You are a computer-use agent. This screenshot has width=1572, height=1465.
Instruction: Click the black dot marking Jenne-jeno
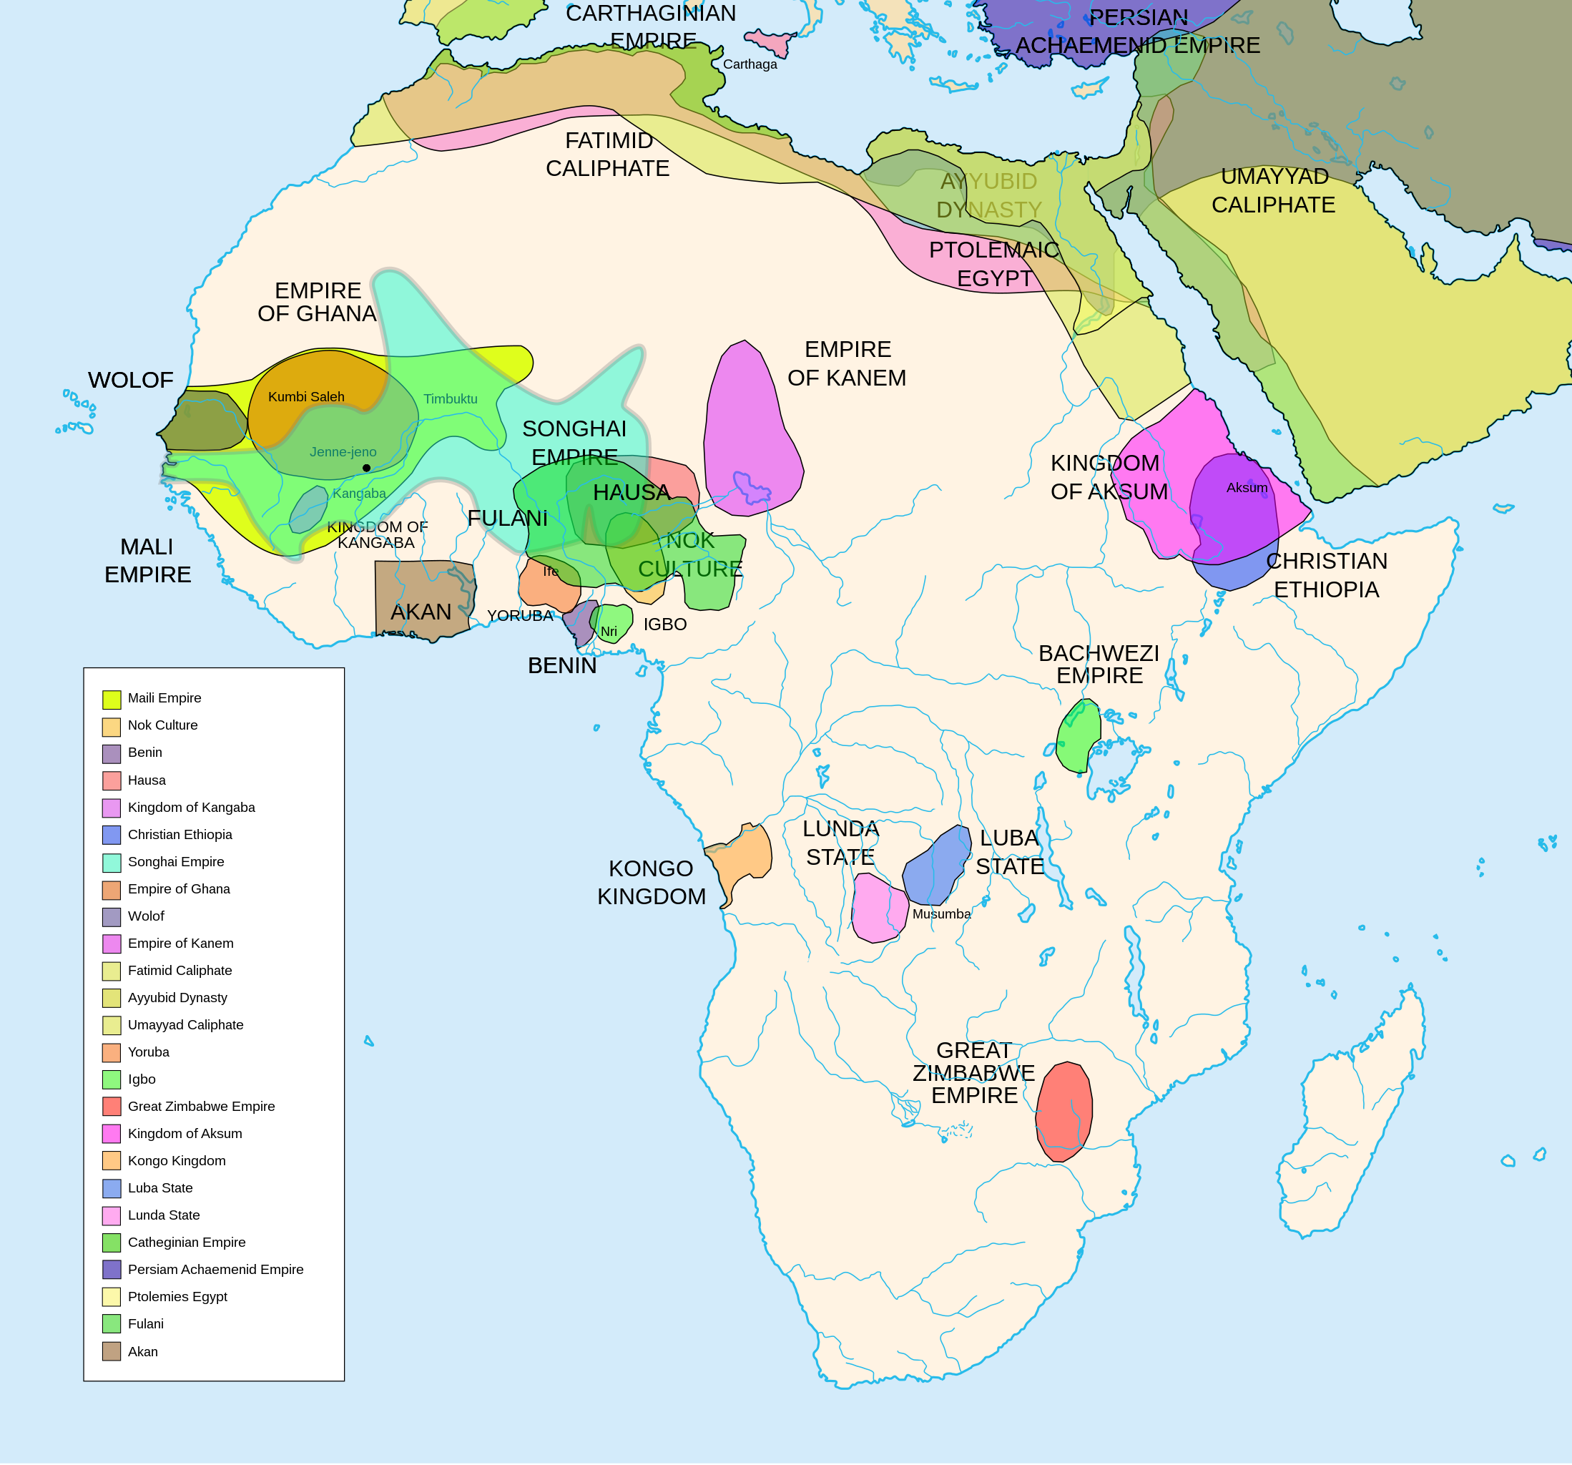point(366,469)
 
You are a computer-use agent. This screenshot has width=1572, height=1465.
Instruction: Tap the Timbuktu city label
point(450,398)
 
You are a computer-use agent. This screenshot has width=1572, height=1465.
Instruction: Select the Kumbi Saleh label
point(306,396)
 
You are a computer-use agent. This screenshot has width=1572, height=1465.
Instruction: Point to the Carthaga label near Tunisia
point(750,64)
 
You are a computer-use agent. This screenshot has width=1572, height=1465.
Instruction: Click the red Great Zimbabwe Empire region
point(1063,1112)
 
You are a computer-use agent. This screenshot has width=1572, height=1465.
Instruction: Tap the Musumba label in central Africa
point(941,913)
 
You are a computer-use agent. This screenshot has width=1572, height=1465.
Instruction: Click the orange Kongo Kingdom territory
point(743,858)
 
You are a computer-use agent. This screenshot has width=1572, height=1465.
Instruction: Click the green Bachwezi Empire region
point(1078,735)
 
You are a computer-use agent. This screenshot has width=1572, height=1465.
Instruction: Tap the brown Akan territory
point(423,597)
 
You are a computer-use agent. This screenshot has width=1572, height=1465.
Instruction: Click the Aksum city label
point(1246,488)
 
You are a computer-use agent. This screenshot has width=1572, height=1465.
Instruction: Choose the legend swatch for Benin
point(112,753)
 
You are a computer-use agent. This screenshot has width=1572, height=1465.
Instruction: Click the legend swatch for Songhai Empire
point(112,862)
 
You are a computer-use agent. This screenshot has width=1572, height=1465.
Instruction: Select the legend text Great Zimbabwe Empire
point(201,1106)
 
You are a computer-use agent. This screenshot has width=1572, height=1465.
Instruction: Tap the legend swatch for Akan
point(112,1352)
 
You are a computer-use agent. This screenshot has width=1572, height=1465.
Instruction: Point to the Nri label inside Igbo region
point(608,631)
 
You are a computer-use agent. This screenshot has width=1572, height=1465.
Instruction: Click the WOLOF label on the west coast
point(130,380)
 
